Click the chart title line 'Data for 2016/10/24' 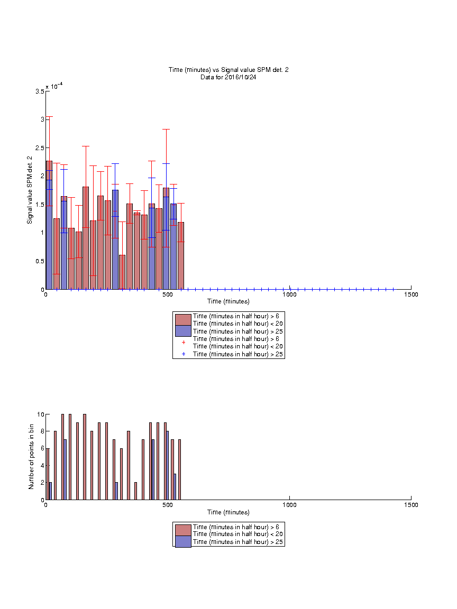click(x=228, y=77)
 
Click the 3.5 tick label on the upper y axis click(x=40, y=91)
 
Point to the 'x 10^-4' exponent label click(x=54, y=86)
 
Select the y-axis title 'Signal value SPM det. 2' click(x=30, y=190)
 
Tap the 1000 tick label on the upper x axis click(x=289, y=294)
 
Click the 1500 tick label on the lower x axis click(x=411, y=505)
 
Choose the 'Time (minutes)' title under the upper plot click(x=228, y=301)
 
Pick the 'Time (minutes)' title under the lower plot click(x=228, y=512)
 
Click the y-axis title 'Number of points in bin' click(x=31, y=457)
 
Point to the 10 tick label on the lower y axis click(x=40, y=414)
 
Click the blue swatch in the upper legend click(x=183, y=331)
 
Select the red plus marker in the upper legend click(x=184, y=342)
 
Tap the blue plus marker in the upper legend click(x=184, y=354)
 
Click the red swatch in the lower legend click(x=183, y=530)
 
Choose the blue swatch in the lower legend click(x=183, y=541)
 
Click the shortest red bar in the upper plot click(x=122, y=272)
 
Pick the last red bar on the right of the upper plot click(x=181, y=255)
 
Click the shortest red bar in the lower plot click(x=135, y=491)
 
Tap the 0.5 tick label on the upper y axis click(x=40, y=261)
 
